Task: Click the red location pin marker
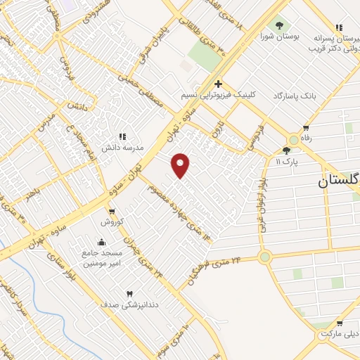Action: coord(181,165)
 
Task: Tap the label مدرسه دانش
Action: coord(123,148)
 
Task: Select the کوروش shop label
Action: coord(112,221)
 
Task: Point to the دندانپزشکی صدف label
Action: coord(129,304)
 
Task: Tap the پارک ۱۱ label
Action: coord(287,162)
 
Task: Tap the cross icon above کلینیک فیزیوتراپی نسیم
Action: coord(218,84)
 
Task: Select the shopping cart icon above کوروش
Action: coord(112,211)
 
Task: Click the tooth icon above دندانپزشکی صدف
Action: coord(129,293)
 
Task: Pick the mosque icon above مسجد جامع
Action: coord(103,243)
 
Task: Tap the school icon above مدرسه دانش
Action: coord(123,136)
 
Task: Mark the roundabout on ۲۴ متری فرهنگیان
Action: coord(264,257)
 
